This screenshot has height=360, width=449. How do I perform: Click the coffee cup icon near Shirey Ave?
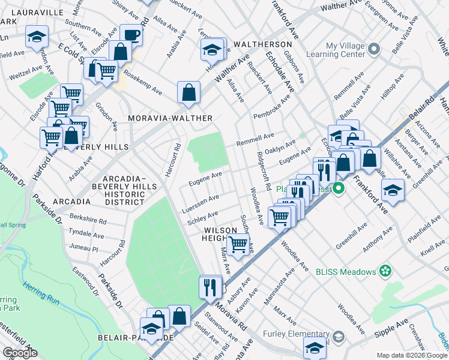(131, 34)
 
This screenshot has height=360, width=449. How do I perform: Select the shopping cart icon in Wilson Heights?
(238, 244)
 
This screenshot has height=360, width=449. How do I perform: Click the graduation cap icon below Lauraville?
(37, 37)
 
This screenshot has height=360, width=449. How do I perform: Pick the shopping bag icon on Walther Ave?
(188, 92)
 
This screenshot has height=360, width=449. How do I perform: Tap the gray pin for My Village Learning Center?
(374, 49)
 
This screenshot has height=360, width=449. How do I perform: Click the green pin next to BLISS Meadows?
(385, 271)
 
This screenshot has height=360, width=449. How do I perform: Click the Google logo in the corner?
(20, 353)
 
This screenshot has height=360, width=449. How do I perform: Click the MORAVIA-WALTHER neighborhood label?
(170, 118)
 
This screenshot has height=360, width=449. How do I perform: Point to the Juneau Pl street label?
(83, 247)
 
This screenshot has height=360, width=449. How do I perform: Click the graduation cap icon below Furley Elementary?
(315, 347)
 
